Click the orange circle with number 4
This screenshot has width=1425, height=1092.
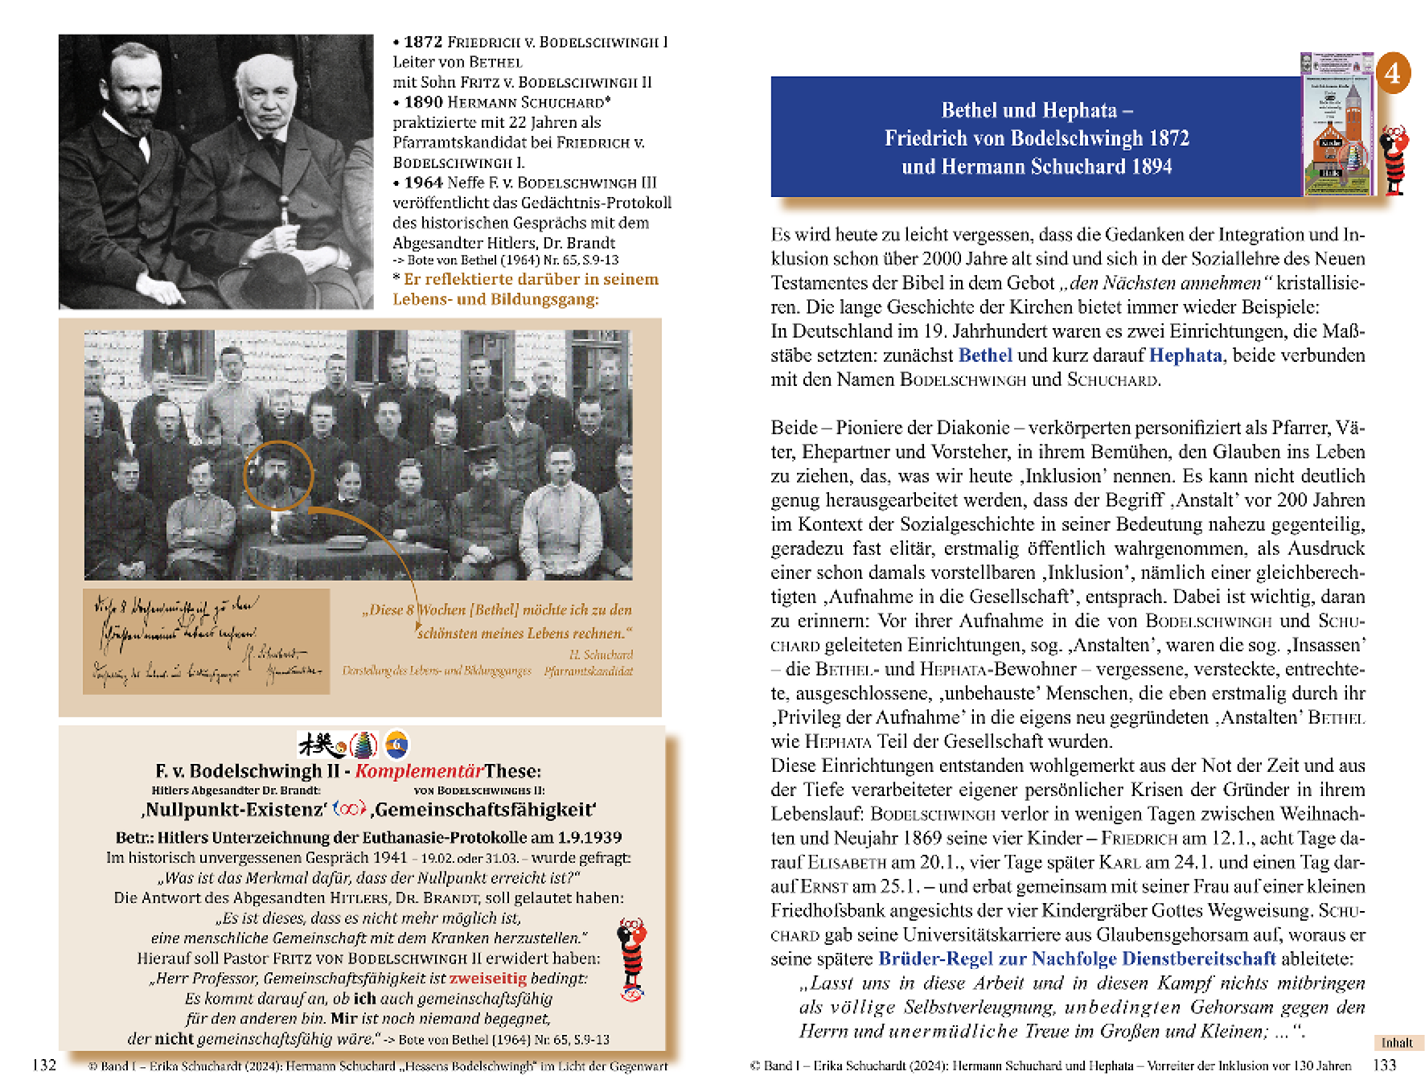point(1393,73)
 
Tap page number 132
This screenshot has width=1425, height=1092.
point(44,1065)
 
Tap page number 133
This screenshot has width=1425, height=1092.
point(1384,1065)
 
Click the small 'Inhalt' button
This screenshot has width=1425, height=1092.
point(1397,1043)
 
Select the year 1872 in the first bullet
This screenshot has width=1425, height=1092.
point(423,42)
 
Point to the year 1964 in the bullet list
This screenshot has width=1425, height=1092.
point(423,183)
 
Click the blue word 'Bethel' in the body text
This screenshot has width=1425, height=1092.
point(985,355)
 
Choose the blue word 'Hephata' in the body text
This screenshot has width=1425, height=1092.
point(1185,355)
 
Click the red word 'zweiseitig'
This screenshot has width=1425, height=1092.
point(487,979)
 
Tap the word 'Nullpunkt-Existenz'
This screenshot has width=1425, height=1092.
point(234,810)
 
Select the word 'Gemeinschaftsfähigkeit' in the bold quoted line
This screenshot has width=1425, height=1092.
point(483,810)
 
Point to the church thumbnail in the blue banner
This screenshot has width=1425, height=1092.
point(1337,125)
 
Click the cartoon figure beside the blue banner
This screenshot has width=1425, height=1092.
point(1394,160)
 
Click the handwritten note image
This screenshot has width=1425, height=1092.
point(206,641)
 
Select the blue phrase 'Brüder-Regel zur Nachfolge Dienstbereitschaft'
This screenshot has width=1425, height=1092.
point(1077,959)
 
